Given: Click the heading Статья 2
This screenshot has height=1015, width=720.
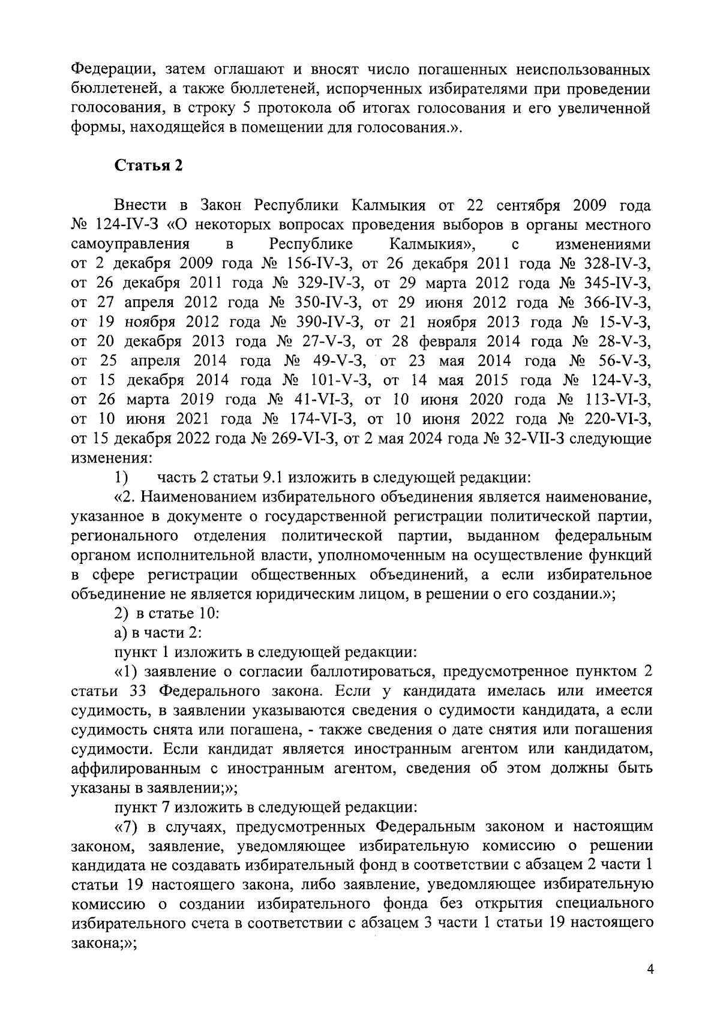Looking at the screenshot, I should click(148, 166).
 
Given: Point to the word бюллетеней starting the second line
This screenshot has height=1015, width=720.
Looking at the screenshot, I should click(107, 89).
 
